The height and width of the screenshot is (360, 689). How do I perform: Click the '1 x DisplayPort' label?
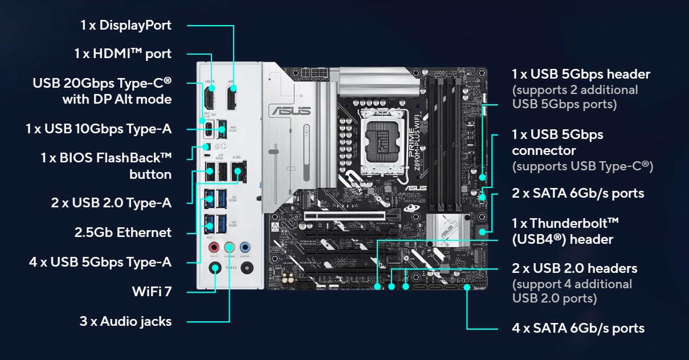pos(125,25)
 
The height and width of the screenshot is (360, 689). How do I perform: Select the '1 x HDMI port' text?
pos(123,54)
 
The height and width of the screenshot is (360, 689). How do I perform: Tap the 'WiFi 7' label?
pos(152,292)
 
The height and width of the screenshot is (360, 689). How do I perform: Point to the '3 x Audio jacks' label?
pos(125,321)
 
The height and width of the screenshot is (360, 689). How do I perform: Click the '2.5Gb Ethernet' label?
pos(123,232)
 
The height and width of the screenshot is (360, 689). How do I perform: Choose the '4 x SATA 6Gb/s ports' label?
pos(578,328)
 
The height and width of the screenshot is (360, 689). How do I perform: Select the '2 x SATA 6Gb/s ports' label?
pos(578,193)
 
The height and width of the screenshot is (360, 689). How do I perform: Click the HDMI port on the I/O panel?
pos(210,97)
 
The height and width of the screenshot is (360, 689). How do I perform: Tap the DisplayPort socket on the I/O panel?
pos(231,97)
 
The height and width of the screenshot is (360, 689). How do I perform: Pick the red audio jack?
pos(214,247)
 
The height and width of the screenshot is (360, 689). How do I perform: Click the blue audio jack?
pos(245,247)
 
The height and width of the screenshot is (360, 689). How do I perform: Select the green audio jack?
pos(230,247)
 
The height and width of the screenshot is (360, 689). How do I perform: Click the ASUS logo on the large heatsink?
pos(291,111)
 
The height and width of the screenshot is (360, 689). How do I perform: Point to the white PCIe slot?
pos(345,215)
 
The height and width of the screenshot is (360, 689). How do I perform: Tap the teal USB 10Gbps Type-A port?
pos(222,129)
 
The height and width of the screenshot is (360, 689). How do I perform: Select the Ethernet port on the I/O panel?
pos(238,171)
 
